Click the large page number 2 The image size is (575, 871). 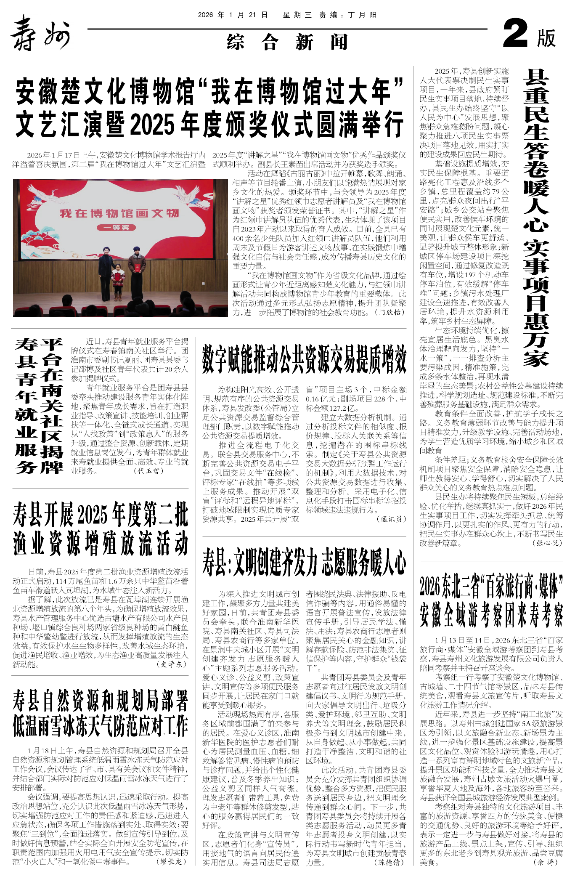515,35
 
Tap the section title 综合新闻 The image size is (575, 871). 287,42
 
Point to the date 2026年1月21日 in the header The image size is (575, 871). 233,15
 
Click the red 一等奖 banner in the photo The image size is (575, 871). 116,228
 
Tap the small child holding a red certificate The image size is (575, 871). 118,282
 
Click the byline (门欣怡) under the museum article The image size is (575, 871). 391,312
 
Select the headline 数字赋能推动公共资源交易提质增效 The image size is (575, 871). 304,359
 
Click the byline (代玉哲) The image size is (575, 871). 148,471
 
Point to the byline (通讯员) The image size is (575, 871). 392,519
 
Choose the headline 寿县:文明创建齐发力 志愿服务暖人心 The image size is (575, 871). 304,562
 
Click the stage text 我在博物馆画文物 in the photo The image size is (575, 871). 119,213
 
